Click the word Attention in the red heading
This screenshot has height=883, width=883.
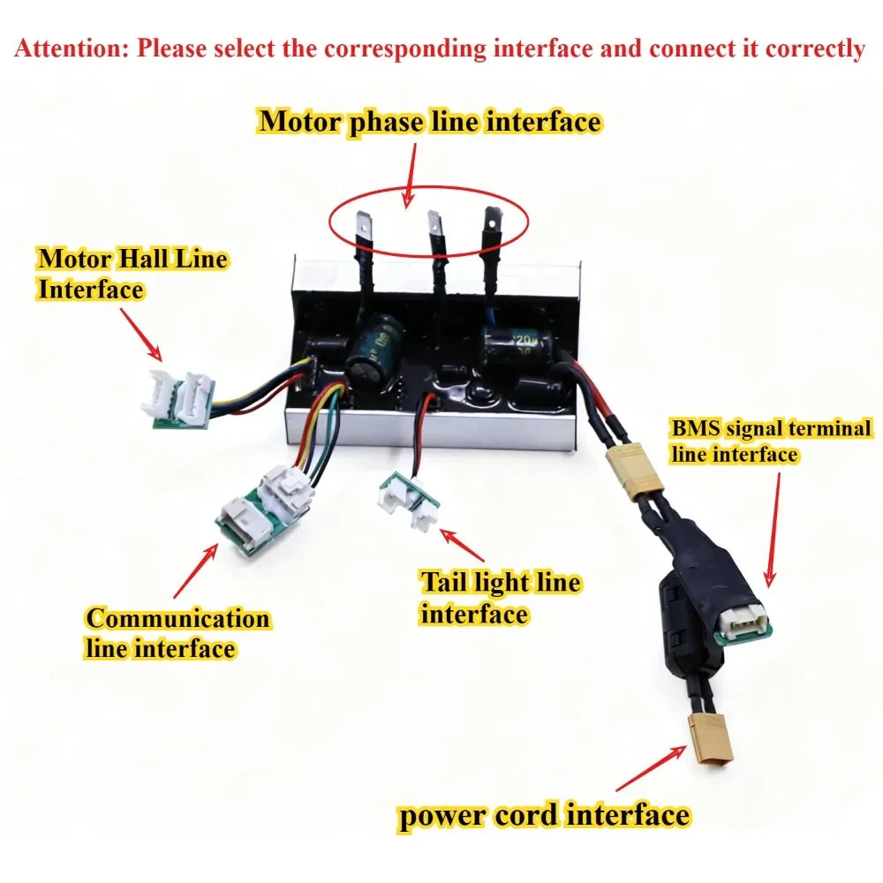72,49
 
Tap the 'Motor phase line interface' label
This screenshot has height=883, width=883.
430,122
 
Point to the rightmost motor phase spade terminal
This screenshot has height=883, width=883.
492,223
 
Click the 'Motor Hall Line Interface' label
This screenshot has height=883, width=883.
133,274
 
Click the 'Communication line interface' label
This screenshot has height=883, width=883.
178,633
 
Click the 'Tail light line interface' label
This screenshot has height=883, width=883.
500,598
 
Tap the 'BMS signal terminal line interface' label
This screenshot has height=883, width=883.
771,441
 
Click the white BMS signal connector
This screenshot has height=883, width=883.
743,623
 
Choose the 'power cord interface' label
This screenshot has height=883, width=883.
544,815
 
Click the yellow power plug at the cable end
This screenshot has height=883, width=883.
711,738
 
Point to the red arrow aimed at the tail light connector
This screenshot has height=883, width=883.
462,545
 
